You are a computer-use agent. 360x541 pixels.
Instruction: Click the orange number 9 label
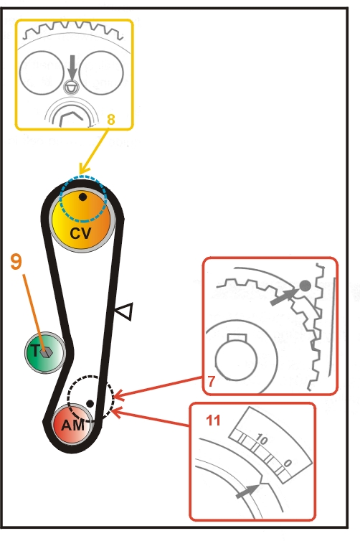tap(16, 261)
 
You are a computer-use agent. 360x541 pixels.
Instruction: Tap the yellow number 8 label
tap(110, 119)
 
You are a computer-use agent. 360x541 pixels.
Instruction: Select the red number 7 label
tap(211, 381)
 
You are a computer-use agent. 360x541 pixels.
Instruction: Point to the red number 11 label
tap(213, 420)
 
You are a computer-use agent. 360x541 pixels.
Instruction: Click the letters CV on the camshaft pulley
tap(80, 234)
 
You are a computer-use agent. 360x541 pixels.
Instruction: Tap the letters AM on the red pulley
tap(72, 425)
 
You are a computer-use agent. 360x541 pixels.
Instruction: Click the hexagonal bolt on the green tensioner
tap(45, 352)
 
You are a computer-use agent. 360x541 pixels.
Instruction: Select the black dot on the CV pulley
tap(82, 197)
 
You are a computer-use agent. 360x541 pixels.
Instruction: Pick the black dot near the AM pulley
tap(90, 403)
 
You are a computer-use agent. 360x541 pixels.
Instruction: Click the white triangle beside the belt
tap(125, 311)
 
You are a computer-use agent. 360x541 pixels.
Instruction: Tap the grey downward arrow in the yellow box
tap(72, 67)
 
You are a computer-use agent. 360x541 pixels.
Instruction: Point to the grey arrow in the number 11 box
tap(247, 491)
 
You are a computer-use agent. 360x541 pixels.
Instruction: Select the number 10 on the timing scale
tap(261, 440)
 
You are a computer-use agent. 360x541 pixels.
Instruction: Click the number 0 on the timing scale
tap(288, 463)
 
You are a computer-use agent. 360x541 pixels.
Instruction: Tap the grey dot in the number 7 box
tap(305, 286)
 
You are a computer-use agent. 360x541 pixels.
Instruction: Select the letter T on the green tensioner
tap(35, 351)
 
